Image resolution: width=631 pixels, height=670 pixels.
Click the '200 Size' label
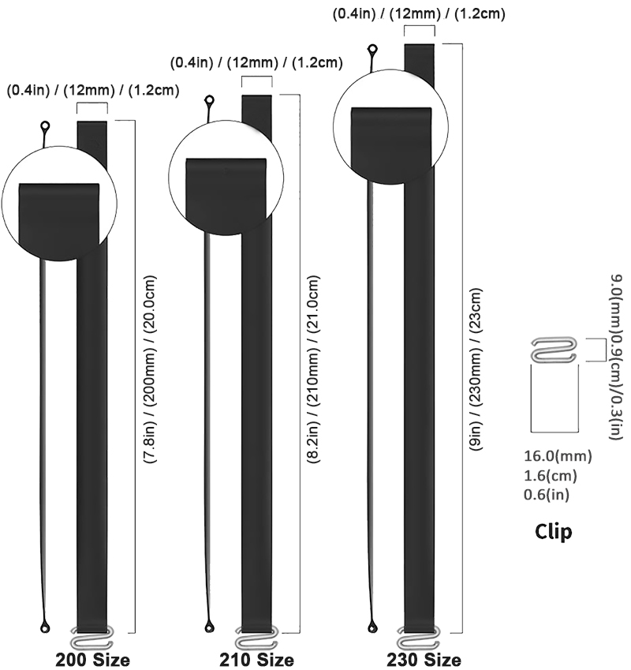(x=91, y=659)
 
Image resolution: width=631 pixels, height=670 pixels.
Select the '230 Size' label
(x=424, y=659)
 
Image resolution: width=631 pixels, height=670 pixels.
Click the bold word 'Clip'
(x=554, y=531)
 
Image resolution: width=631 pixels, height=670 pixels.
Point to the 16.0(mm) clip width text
(x=558, y=455)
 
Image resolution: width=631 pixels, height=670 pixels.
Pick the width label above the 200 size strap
(x=93, y=90)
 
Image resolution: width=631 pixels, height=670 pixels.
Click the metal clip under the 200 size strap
(x=93, y=636)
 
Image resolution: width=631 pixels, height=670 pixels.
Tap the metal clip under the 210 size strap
(x=256, y=636)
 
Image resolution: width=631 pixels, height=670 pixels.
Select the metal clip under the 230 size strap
(x=420, y=635)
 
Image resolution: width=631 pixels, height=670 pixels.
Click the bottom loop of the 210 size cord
(x=209, y=628)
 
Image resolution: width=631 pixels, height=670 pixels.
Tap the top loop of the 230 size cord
(x=372, y=51)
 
